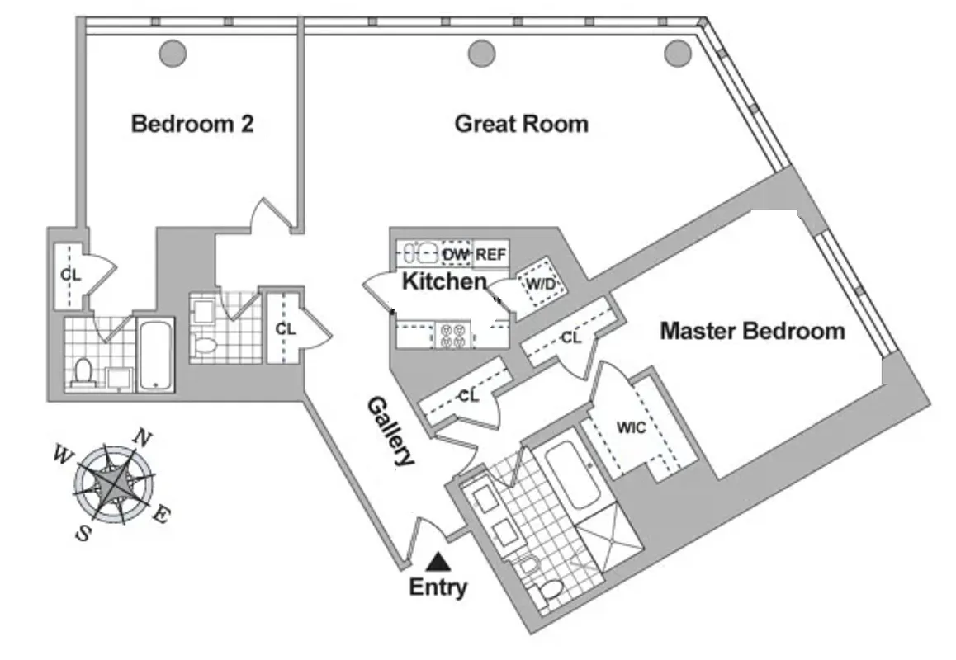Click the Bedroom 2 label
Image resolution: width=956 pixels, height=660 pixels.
pos(192,125)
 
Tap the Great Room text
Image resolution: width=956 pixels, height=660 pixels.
pos(522,125)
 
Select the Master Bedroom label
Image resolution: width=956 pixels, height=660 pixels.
pos(752,332)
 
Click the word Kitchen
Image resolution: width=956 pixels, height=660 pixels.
pos(444,281)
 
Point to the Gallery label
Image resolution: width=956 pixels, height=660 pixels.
pos(390,431)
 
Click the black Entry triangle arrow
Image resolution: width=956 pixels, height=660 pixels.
pos(438,563)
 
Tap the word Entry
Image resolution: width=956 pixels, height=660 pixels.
pos(438,588)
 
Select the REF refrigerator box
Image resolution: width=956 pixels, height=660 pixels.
pos(491,255)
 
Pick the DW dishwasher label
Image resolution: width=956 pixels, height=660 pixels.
pos(456,255)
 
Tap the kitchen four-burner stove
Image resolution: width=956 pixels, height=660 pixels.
pos(451,334)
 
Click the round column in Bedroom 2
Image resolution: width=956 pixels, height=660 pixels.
pos(173,54)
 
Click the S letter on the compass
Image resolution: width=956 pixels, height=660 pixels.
pos(83,533)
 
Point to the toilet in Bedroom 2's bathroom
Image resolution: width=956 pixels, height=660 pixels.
pos(82,373)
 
